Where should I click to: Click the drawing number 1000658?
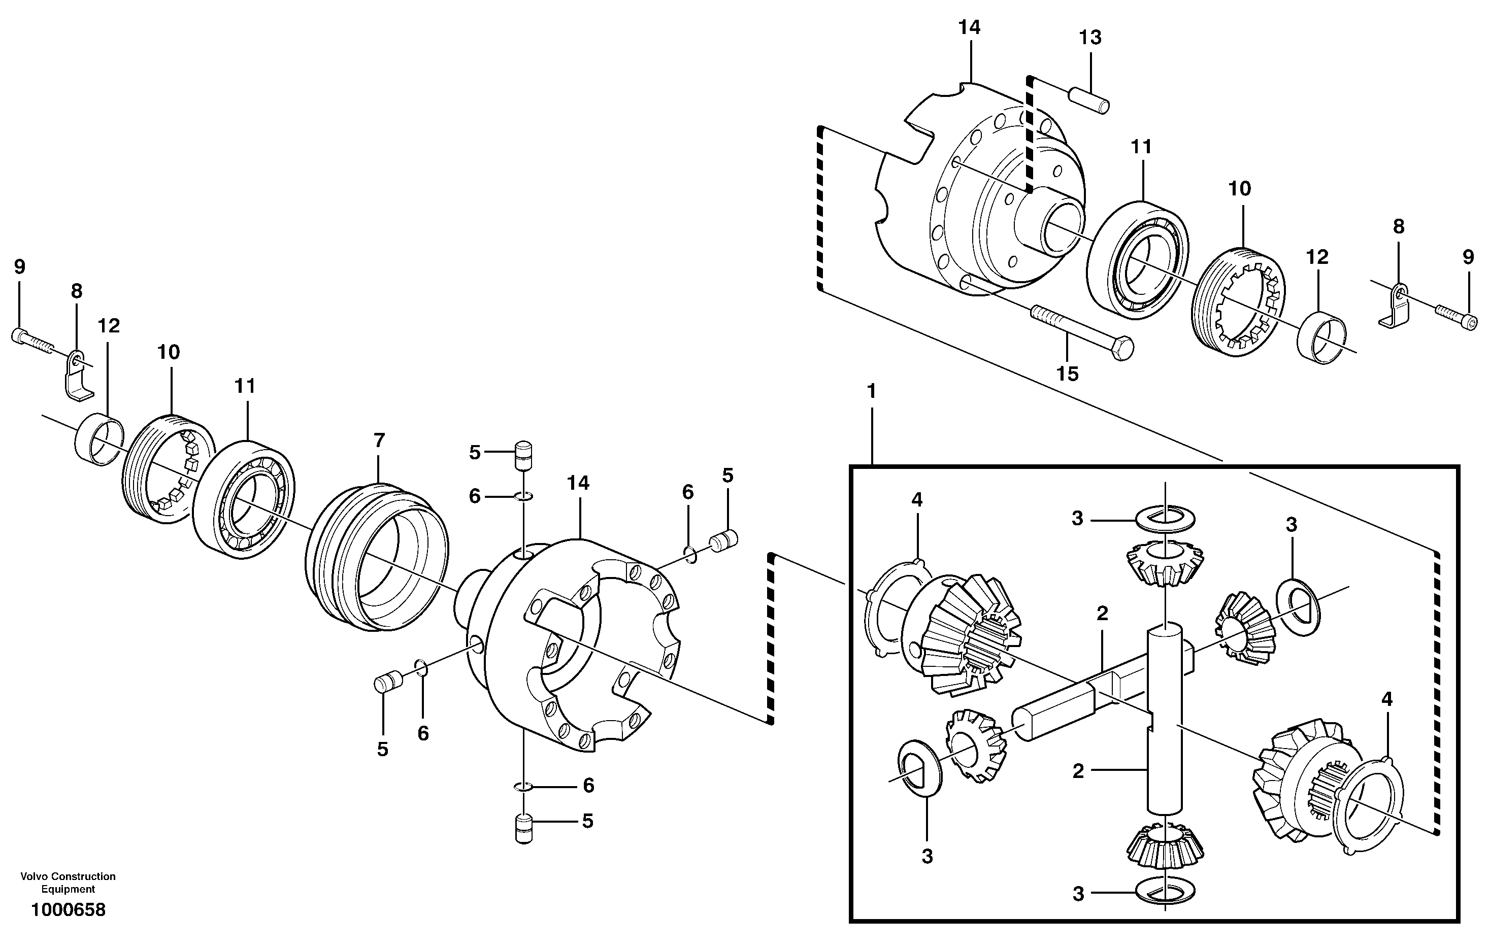pos(68,910)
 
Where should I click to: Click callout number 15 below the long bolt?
pos(1067,374)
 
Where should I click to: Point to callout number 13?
pos(1090,38)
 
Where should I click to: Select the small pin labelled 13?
pos(1089,101)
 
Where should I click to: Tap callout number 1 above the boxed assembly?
pos(872,391)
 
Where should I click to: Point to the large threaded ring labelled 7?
pos(377,556)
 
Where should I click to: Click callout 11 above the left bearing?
pos(245,386)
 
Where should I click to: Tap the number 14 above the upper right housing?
pos(969,27)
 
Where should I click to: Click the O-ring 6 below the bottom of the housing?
pos(523,787)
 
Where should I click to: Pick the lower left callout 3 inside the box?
pos(927,856)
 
